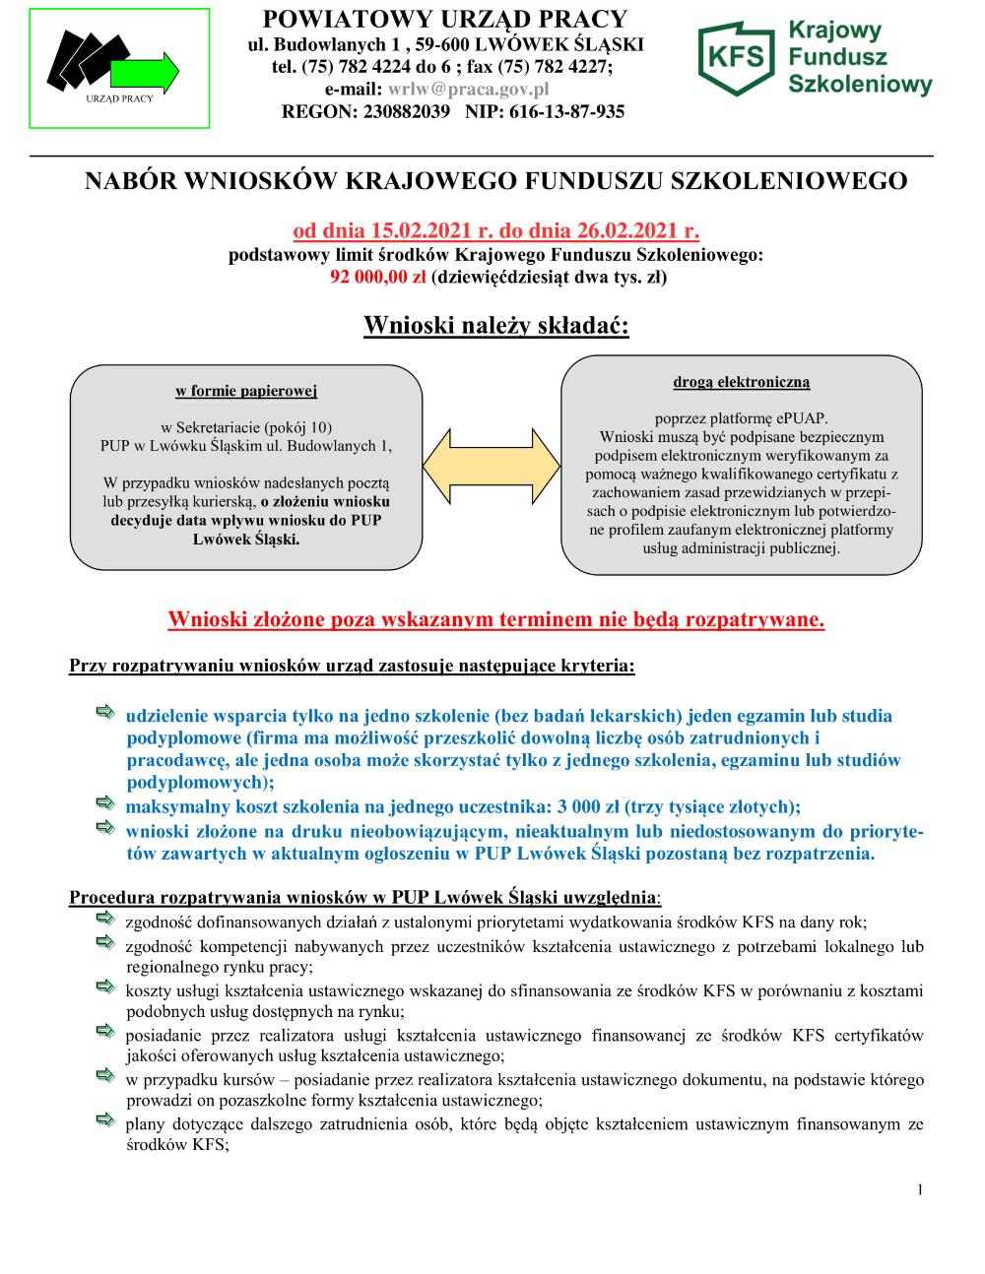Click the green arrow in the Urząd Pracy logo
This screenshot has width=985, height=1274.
[x=145, y=74]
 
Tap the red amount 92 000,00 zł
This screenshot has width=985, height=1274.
[x=378, y=277]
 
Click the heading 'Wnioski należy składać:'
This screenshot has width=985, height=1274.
[x=495, y=325]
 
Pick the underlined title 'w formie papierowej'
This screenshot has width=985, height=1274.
[x=246, y=391]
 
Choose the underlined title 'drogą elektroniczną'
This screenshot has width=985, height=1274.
[x=742, y=381]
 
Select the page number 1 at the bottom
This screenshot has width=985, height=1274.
[x=920, y=1190]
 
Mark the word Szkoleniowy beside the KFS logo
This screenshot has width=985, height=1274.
[x=860, y=86]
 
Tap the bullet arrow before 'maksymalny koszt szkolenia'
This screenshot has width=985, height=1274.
[x=105, y=806]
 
